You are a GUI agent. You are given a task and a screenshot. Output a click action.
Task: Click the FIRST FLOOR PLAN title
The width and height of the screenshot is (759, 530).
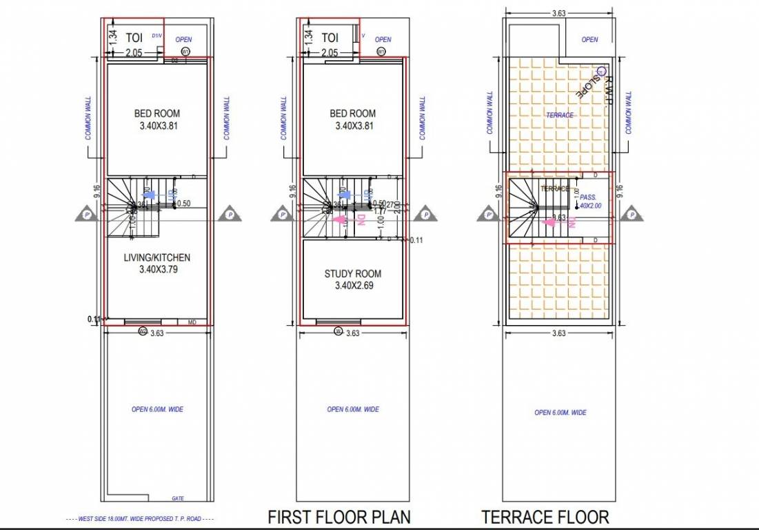point(338,517)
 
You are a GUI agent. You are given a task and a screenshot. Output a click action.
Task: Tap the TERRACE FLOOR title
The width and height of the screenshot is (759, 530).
point(545,517)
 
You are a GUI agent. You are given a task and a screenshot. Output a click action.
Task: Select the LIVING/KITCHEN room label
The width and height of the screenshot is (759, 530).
point(156,257)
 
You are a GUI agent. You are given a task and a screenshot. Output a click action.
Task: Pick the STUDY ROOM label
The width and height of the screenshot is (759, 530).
point(352,274)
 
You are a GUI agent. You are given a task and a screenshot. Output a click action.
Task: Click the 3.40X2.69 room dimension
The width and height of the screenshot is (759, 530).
point(352,286)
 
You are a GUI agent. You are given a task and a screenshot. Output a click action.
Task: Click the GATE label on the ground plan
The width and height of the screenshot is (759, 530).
point(177,498)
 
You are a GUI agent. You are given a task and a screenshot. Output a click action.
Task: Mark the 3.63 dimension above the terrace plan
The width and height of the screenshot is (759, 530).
point(559,12)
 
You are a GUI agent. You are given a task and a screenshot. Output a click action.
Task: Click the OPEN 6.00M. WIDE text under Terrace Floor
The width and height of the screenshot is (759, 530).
point(560,413)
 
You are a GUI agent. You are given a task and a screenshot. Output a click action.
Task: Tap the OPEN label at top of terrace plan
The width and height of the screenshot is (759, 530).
point(589,39)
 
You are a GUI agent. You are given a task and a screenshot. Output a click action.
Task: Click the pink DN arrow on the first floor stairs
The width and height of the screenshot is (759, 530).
point(339,219)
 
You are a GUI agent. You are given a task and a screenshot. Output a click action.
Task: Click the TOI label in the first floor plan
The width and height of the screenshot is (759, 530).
point(330,37)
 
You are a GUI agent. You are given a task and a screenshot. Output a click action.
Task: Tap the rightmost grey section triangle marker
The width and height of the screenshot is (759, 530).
point(631,215)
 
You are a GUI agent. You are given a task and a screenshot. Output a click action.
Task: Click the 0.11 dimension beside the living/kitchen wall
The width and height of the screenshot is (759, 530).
point(94,319)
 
